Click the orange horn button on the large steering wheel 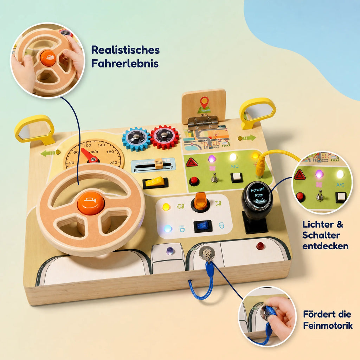(x=91, y=203)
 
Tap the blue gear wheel (x=136, y=139)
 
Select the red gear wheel (x=165, y=137)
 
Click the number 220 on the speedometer (x=114, y=162)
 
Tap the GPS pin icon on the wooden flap (x=204, y=105)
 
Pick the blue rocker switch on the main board (x=203, y=226)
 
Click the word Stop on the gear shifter (x=259, y=195)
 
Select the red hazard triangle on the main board (x=192, y=162)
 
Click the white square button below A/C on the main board (x=237, y=178)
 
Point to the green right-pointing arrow (x=249, y=138)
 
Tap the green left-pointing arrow (x=47, y=153)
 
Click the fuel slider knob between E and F (x=159, y=163)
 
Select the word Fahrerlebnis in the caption (x=125, y=63)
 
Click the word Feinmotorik (x=328, y=325)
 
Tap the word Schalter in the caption (x=321, y=235)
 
